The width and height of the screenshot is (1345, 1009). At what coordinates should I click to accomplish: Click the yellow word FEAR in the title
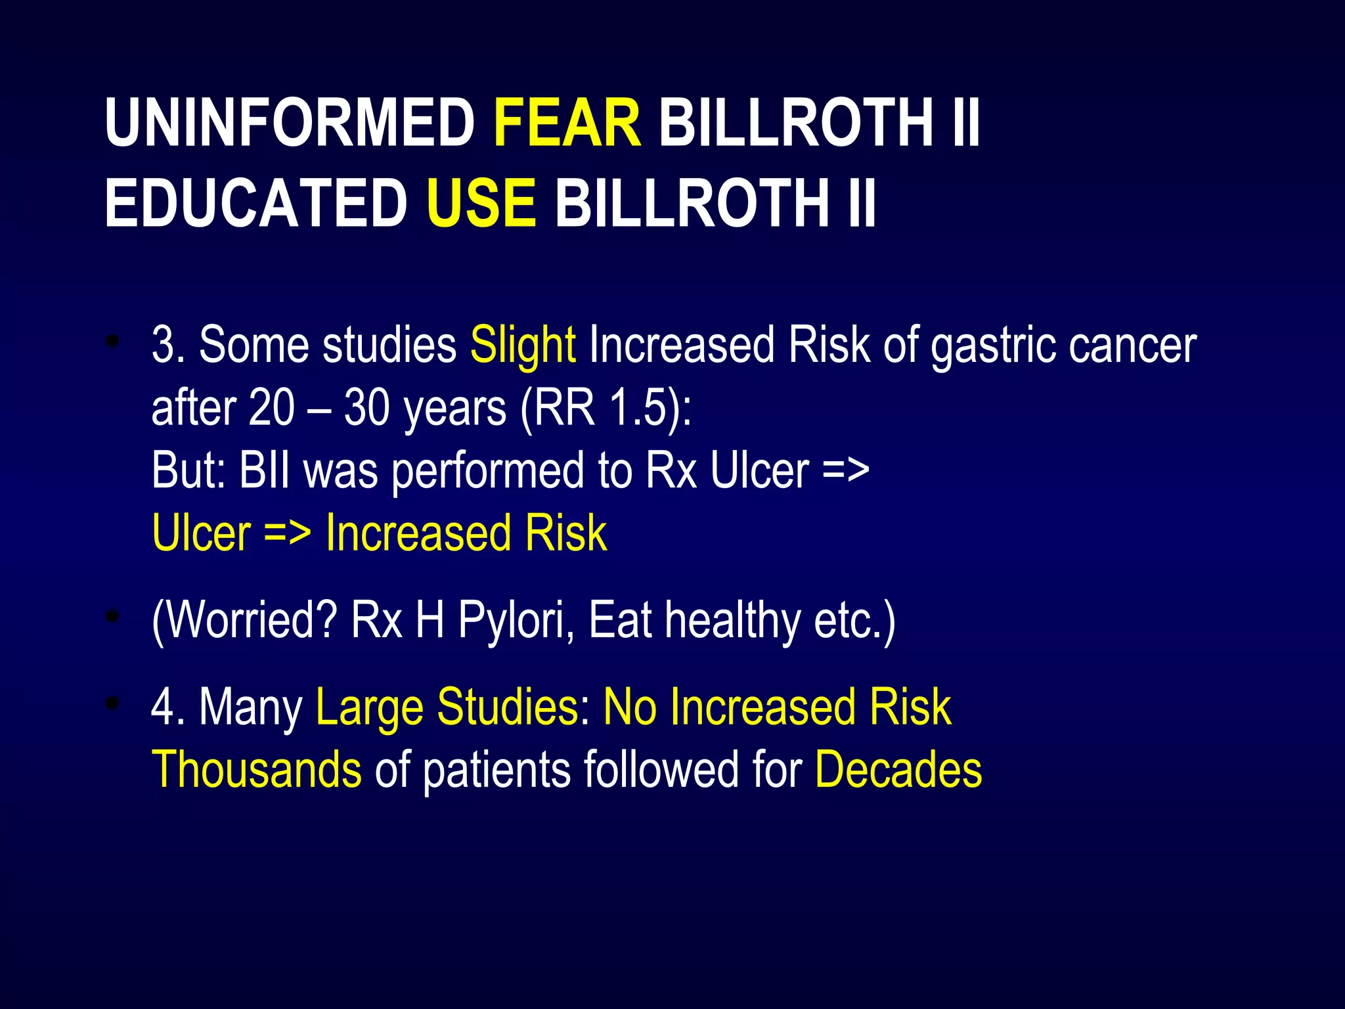tap(567, 123)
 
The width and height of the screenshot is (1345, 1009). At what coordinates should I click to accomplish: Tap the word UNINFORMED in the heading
tap(290, 123)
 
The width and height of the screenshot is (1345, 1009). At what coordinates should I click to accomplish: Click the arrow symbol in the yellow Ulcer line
tap(287, 533)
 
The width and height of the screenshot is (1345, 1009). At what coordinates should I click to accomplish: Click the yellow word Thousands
tap(256, 769)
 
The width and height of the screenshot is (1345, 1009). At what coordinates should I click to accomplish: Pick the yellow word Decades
tap(898, 769)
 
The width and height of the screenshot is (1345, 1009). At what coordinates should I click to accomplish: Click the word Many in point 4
tap(250, 707)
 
